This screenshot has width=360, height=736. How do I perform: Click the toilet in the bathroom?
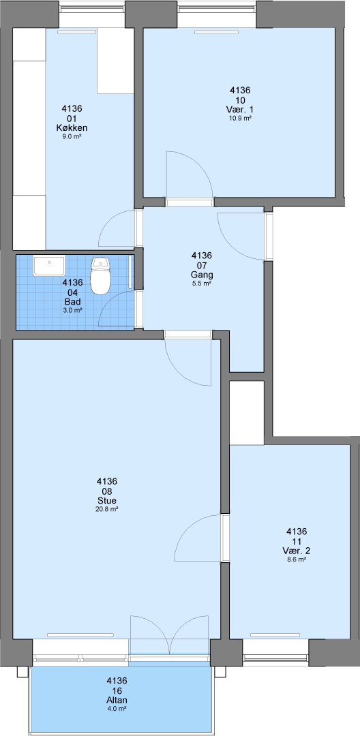pyautogui.click(x=100, y=275)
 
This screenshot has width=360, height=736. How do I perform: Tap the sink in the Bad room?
pyautogui.click(x=49, y=266)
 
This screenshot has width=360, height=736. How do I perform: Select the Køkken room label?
pyautogui.click(x=72, y=127)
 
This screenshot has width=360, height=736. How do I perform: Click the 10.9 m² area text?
pyautogui.click(x=240, y=119)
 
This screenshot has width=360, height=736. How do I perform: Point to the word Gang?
pyautogui.click(x=202, y=275)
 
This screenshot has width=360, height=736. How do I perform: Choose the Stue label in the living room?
pyautogui.click(x=107, y=500)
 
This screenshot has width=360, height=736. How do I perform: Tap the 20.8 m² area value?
pyautogui.click(x=107, y=509)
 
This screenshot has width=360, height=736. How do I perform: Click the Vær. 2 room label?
pyautogui.click(x=297, y=551)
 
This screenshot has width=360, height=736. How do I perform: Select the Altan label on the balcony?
pyautogui.click(x=117, y=701)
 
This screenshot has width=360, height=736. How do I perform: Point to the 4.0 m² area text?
pyautogui.click(x=117, y=709)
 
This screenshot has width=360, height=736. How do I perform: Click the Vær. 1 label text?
pyautogui.click(x=240, y=110)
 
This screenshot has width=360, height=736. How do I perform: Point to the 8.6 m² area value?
pyautogui.click(x=297, y=559)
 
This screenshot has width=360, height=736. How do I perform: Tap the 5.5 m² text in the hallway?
pyautogui.click(x=202, y=283)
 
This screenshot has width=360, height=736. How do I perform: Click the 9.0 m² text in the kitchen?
pyautogui.click(x=72, y=136)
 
